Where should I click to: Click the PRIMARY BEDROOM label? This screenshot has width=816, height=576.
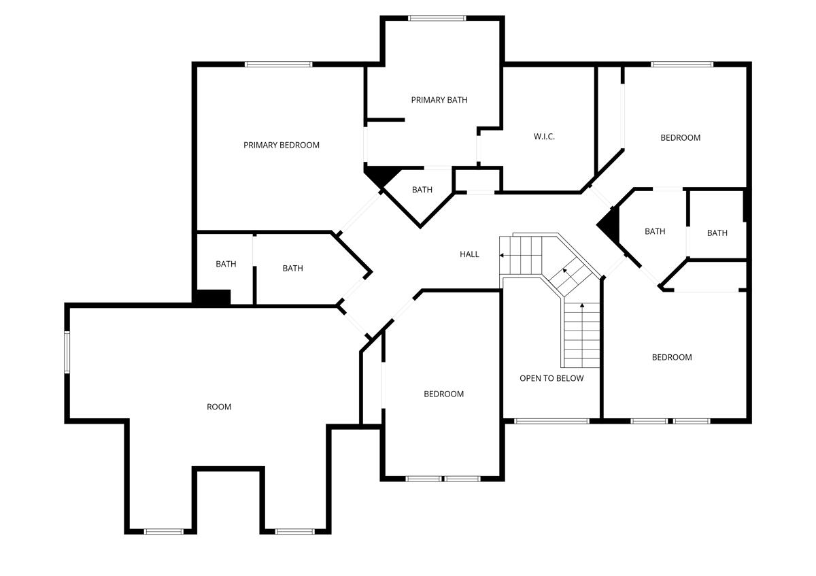point(282,145)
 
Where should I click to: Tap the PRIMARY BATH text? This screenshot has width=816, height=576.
point(439,100)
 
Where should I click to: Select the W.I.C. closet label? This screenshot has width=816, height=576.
point(544,137)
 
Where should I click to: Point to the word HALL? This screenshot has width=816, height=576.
point(469,254)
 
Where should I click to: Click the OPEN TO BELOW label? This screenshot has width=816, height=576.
point(551,378)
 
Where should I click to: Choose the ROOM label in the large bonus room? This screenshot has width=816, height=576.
point(219,407)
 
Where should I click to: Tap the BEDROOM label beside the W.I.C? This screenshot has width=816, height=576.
point(680,137)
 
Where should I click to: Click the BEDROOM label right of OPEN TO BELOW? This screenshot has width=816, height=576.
point(672,357)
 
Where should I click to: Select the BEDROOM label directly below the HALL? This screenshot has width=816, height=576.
point(443,394)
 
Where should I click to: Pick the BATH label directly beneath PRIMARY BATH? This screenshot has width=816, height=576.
point(422,190)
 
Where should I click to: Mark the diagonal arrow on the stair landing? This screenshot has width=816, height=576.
point(565,272)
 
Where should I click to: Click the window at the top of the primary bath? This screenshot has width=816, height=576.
point(437,18)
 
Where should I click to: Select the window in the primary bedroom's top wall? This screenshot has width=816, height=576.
point(279,65)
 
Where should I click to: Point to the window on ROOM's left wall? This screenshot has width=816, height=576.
point(67,352)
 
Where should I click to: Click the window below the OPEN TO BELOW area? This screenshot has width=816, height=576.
point(551,421)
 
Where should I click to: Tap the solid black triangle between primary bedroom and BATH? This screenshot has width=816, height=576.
point(379,175)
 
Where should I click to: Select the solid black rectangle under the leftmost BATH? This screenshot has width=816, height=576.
point(213,297)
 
